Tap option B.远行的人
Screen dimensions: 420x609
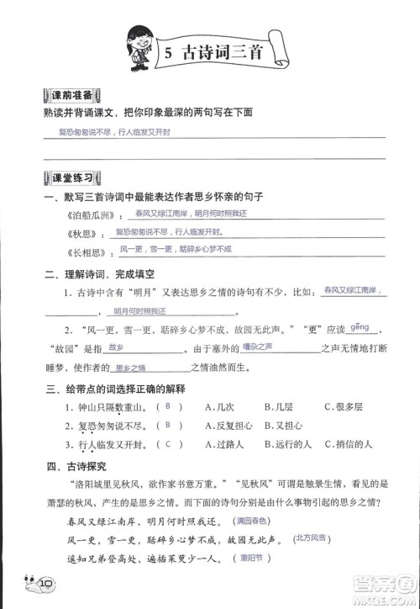click(286, 445)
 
